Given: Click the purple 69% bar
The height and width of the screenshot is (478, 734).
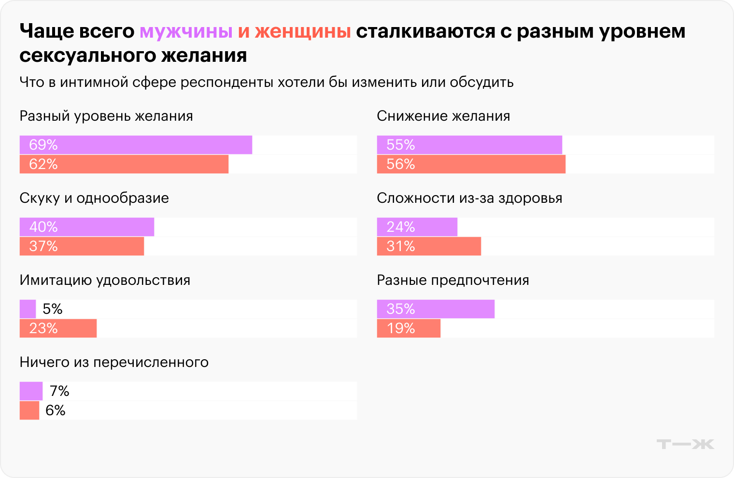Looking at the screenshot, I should click(x=136, y=145).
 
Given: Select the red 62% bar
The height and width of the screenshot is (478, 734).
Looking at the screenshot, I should click(x=124, y=164).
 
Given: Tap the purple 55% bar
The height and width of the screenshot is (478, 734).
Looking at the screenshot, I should click(x=469, y=145).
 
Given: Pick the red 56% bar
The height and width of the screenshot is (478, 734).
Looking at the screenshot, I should click(x=471, y=164).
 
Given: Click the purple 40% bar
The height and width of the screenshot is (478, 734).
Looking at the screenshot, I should click(x=87, y=227).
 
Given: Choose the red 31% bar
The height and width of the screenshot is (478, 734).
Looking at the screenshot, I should click(x=429, y=246).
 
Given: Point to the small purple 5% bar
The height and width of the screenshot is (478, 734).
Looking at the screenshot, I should click(x=28, y=309).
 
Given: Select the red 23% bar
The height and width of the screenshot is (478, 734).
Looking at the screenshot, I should click(x=58, y=328).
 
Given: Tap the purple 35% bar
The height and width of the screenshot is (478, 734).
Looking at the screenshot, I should click(x=436, y=309).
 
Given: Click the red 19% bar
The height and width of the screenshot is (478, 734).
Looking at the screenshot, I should click(x=409, y=328).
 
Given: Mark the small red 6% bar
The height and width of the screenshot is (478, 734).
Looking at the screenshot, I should click(x=29, y=410).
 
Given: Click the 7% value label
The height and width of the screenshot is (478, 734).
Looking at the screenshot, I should click(x=59, y=391).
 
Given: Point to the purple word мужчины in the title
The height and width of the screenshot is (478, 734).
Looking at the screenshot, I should click(x=186, y=31).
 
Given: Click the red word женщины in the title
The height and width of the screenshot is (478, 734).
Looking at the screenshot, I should click(x=303, y=31).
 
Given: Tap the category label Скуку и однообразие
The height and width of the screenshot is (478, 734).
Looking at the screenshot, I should click(x=94, y=198).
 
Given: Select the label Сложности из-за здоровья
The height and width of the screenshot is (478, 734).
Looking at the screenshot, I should click(x=469, y=198).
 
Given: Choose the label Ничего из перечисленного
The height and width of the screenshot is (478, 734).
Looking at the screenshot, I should click(x=114, y=363).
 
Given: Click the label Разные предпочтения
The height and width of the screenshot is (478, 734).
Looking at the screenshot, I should click(x=453, y=281).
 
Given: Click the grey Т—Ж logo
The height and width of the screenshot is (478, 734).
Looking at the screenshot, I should click(x=685, y=444).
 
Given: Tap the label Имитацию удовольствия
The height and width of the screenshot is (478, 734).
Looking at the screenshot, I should click(x=105, y=281).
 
